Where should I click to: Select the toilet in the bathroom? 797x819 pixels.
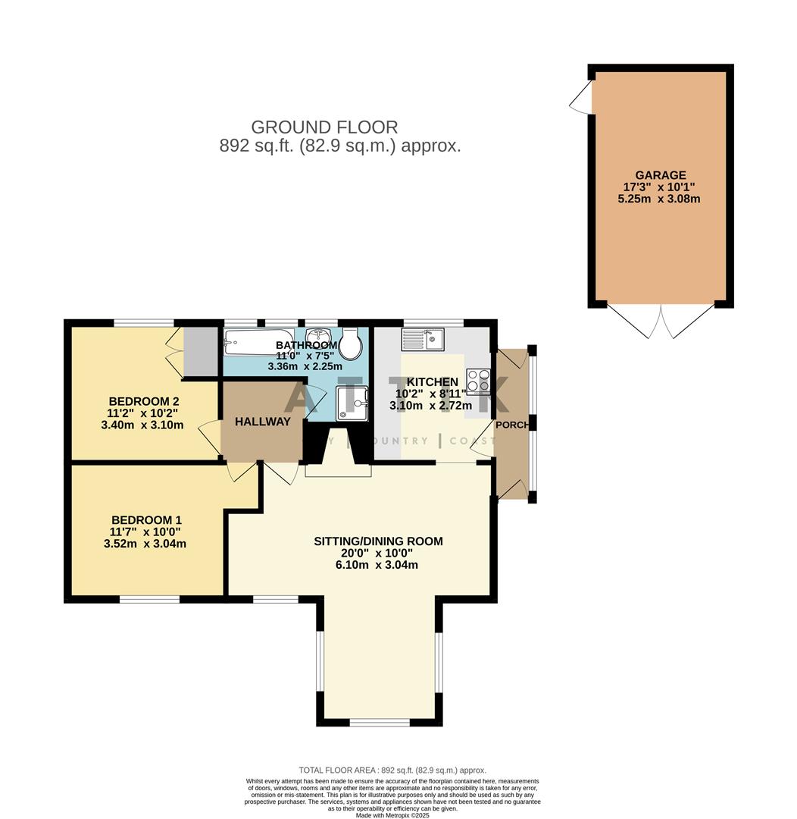pos(350,345)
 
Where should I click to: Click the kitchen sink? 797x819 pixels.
pos(423,338)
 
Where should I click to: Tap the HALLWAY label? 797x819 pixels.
pos(262,422)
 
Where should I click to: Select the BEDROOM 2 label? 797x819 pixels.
pos(143,401)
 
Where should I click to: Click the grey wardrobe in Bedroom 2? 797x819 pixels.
pos(201,351)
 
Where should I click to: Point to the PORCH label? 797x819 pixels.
pos(512,425)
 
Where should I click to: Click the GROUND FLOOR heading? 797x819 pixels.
pos(324,127)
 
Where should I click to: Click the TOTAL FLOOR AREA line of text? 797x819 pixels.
pos(392,770)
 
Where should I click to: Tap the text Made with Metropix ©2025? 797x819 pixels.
pos(392,815)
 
